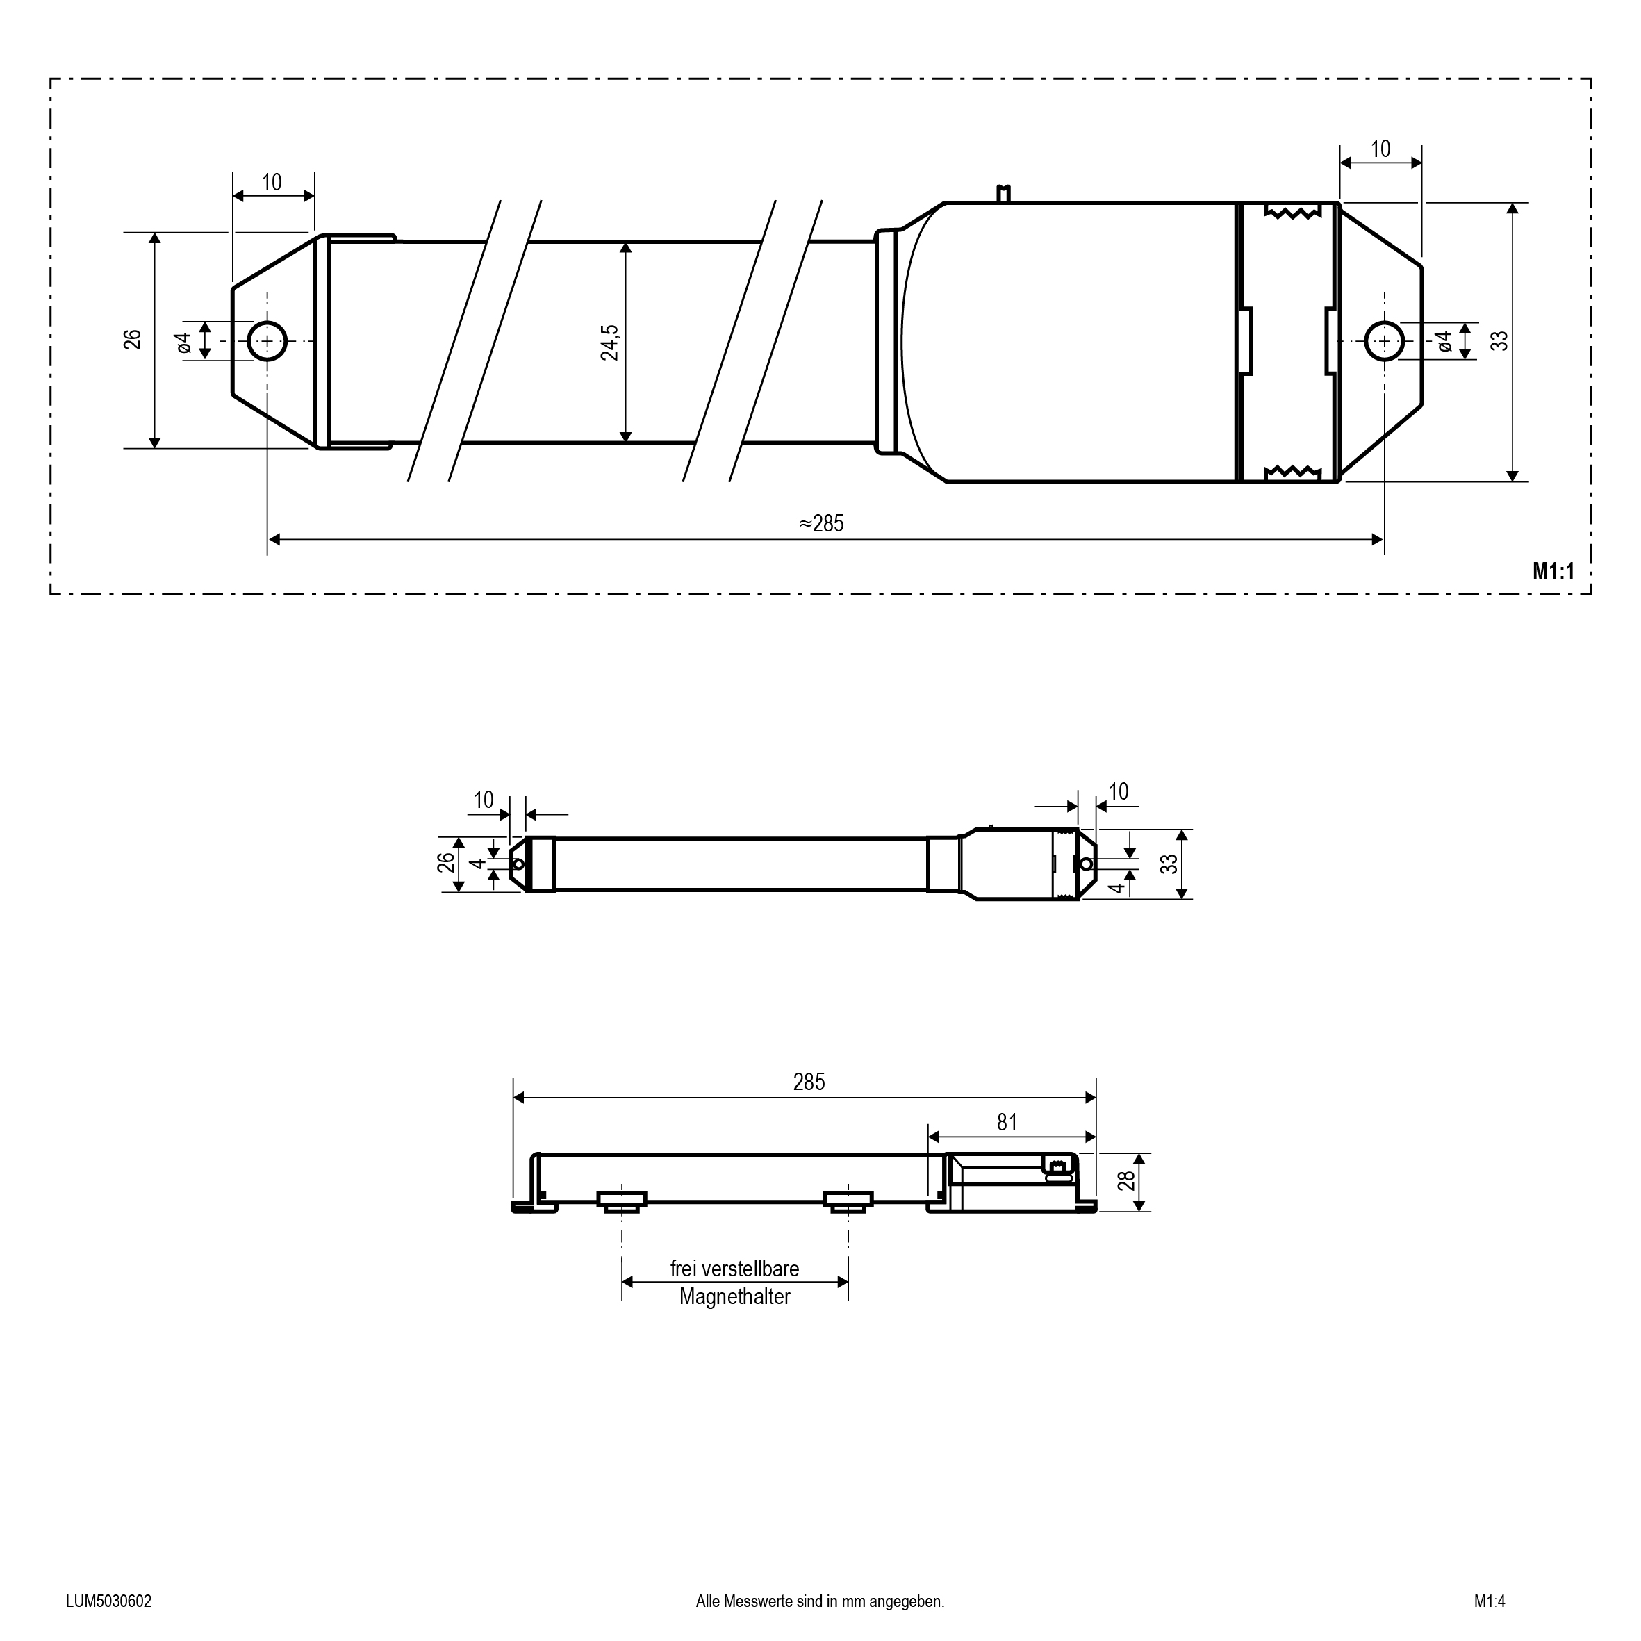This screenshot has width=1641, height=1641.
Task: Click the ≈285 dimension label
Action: point(821,523)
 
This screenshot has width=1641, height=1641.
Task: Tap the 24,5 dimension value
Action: point(610,343)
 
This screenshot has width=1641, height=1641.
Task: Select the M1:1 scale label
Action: point(1553,572)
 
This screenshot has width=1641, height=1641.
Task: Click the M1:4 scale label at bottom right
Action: point(1489,1602)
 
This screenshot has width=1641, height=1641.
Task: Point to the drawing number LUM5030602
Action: point(108,1602)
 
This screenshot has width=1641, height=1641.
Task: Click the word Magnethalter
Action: point(735,1297)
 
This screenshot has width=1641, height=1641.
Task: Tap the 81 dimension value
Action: point(1007,1123)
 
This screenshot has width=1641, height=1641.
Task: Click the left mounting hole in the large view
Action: point(267,341)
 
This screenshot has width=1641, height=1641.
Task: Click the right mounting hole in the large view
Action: point(1385,341)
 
